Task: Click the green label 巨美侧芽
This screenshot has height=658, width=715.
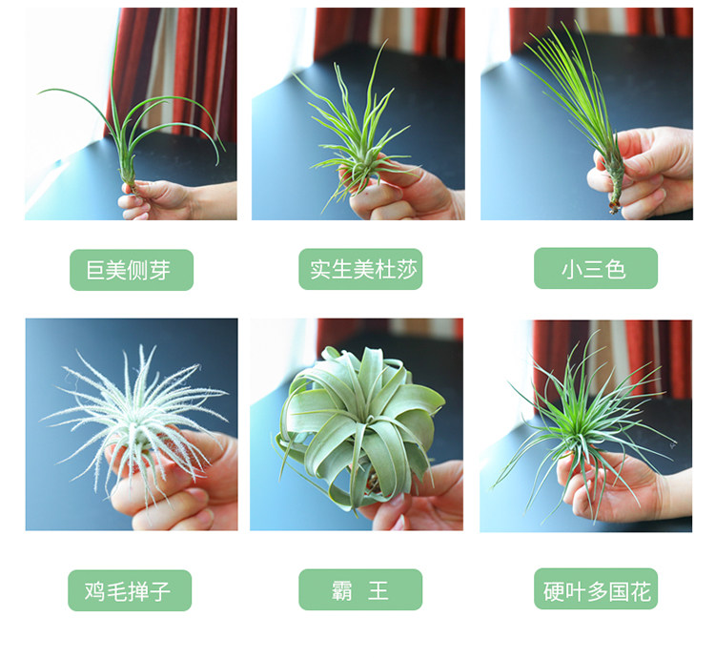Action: point(132,270)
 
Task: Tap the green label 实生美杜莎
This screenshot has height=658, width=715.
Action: point(360,269)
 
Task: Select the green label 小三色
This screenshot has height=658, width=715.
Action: point(596,268)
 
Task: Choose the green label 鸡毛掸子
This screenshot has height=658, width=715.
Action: point(130,590)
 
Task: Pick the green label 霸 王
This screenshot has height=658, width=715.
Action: point(360,589)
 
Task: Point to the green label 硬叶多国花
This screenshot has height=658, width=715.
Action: point(596,588)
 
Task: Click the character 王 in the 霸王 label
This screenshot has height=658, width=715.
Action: point(378,590)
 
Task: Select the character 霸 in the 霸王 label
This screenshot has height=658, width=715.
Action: point(342,590)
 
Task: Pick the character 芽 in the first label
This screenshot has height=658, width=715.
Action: point(159,271)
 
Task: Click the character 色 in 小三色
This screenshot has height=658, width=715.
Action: point(616,269)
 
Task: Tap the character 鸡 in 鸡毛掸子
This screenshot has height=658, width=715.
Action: point(94,591)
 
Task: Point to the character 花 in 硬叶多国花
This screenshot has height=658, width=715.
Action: point(641,591)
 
